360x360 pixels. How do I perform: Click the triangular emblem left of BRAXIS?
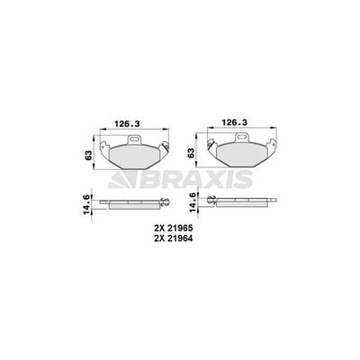[124, 183]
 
